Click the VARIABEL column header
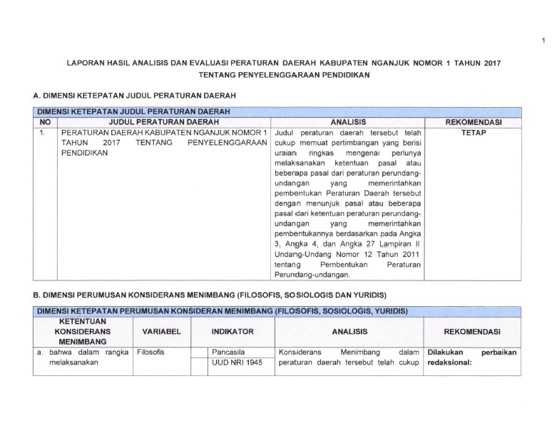pos(162,333)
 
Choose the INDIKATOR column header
pos(233,333)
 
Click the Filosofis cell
pos(150,353)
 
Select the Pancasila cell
pos(228,353)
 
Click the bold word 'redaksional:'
pos(452,363)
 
